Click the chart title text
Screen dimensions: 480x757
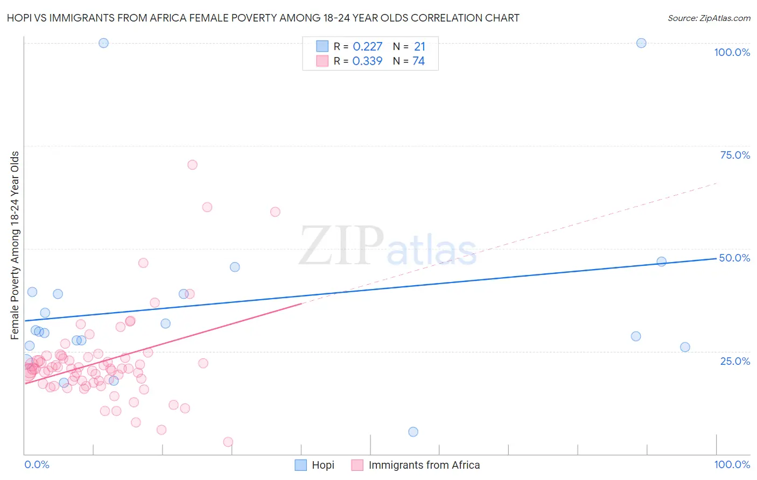pos(263,18)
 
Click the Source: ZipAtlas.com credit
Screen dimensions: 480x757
pos(709,18)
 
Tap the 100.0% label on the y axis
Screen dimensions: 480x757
pos(732,52)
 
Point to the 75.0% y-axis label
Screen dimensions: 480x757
pos(735,155)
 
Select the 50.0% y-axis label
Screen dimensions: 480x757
pos(734,258)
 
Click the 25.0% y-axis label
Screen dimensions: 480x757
pos(735,361)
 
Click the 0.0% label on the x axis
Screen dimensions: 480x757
pos(37,464)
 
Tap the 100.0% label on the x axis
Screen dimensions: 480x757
pos(732,464)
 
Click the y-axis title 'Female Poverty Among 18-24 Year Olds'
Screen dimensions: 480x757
pos(15,245)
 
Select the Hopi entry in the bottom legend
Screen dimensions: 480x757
pos(315,465)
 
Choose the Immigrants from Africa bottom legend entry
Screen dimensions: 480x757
pos(416,465)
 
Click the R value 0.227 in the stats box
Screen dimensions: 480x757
pos(368,47)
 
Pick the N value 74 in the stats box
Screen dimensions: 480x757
pos(418,61)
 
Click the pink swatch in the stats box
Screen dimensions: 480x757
pos(322,61)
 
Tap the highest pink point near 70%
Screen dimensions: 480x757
pos(192,165)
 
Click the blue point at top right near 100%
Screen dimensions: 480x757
pos(641,43)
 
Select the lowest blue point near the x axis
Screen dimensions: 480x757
pos(413,432)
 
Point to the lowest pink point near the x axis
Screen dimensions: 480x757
pos(228,442)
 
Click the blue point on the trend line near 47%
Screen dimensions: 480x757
pos(662,262)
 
